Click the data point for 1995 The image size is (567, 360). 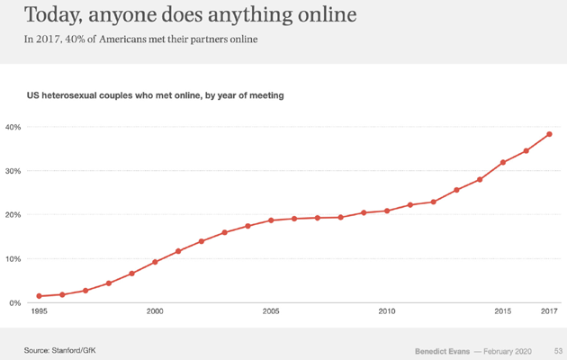coord(39,296)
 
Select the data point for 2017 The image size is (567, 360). coord(549,135)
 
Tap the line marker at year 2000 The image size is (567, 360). coord(155,262)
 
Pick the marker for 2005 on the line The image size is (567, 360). coord(271,220)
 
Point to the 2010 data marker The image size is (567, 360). coord(387,211)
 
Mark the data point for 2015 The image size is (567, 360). coord(503,163)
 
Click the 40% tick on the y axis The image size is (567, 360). coord(13,127)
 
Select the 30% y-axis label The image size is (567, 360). coord(13,171)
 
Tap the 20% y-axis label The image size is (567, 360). coord(13,215)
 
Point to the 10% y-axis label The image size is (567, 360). coord(13,259)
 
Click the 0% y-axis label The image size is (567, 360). coord(15,303)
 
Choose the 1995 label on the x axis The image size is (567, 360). coord(39,311)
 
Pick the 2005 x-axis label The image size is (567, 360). coord(271,311)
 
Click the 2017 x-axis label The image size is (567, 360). coord(549,311)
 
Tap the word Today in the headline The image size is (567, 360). coord(54,15)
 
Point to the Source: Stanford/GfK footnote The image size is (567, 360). coord(59,348)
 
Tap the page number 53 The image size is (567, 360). coord(558,349)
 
